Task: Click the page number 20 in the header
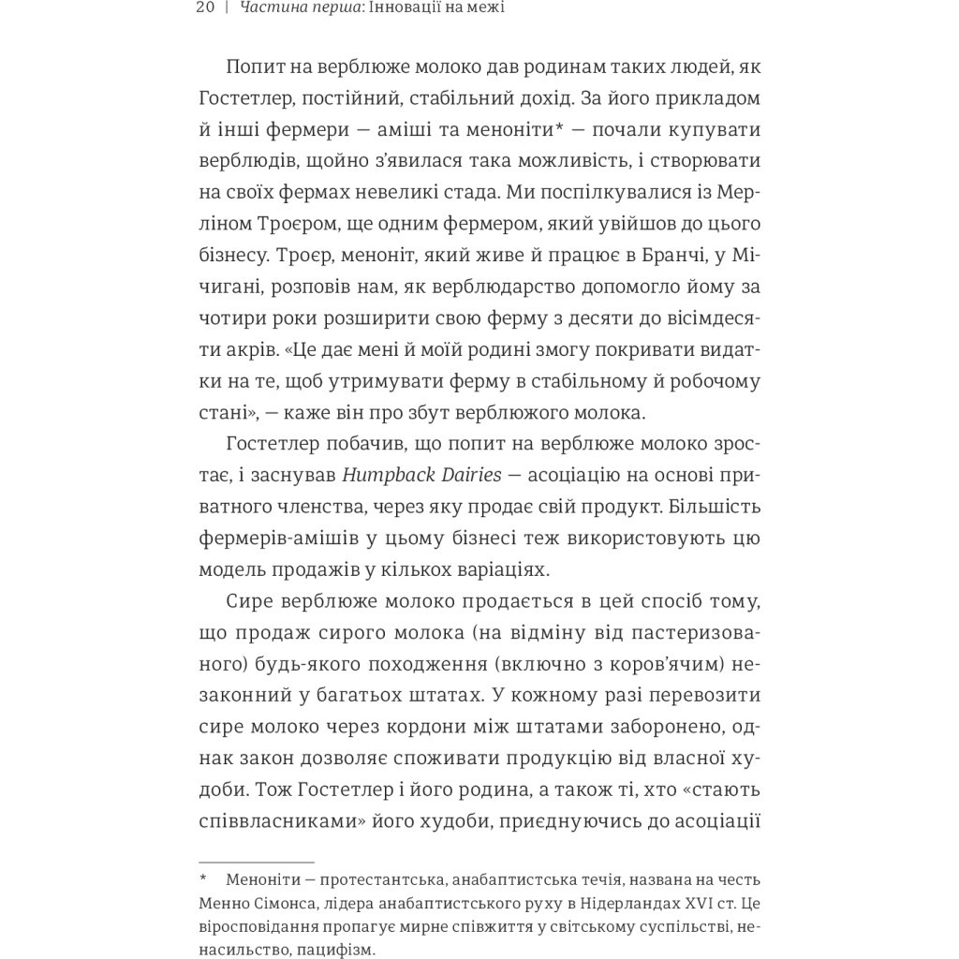tap(206, 8)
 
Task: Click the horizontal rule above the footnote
tap(256, 862)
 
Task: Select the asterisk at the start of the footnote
tap(202, 880)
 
